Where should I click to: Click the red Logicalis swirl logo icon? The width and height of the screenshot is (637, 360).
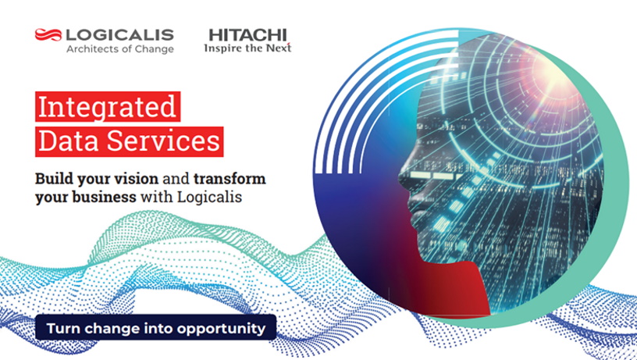pos(48,34)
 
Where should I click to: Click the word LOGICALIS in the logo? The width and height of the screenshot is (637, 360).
pos(120,35)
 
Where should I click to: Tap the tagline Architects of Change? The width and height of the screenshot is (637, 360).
pos(120,49)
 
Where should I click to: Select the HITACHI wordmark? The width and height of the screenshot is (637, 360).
pos(247,35)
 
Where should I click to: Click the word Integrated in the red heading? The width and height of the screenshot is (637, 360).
pos(107,106)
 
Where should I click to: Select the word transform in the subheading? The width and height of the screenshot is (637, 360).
pos(230,178)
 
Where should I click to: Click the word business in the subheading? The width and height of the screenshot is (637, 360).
pos(105,197)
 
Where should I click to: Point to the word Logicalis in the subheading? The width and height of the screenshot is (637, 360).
pos(210,198)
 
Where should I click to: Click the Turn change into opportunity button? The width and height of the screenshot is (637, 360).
pos(156,327)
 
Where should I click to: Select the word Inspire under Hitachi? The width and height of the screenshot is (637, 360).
pos(222,48)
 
